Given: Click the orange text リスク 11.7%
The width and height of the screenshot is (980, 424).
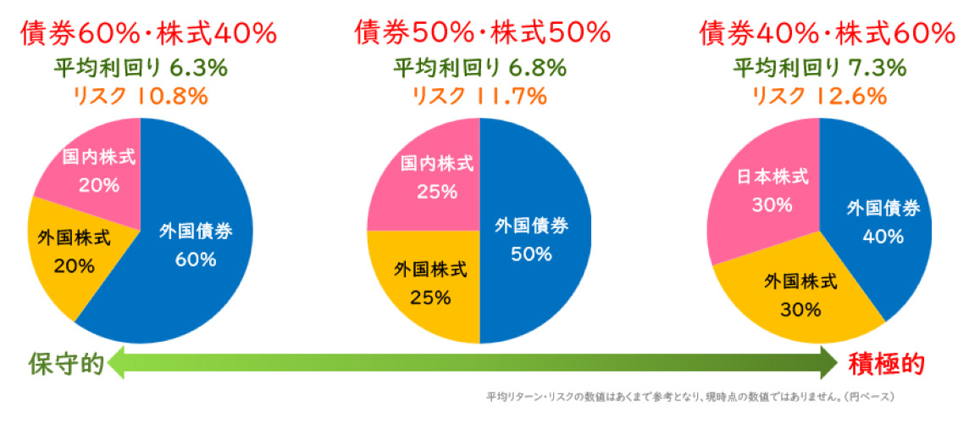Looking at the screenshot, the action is [x=479, y=97].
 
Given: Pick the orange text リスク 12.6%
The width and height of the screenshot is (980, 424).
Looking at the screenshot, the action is [x=819, y=97].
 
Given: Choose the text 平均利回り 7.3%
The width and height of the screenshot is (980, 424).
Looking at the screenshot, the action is [x=819, y=68].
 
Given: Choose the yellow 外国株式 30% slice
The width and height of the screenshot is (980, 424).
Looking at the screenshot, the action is [x=800, y=294].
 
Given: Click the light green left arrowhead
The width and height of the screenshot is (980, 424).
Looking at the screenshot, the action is [x=117, y=364].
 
